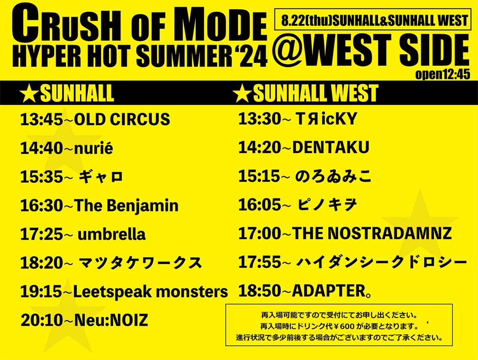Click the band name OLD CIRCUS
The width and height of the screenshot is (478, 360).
click(122, 119)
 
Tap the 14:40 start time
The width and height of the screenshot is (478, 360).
click(41, 148)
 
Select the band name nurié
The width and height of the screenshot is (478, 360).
click(94, 148)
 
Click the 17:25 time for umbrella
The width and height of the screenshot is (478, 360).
click(41, 234)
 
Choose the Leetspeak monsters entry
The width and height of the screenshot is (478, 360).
click(151, 292)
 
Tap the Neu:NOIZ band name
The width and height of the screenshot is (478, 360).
click(111, 320)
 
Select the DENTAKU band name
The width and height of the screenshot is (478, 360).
click(331, 148)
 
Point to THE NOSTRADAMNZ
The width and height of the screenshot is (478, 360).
click(372, 233)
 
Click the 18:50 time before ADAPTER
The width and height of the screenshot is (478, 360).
click(260, 291)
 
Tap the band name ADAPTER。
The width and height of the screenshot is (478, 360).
click(332, 291)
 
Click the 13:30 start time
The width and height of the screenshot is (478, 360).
click(260, 119)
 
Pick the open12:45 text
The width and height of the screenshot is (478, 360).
click(443, 75)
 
